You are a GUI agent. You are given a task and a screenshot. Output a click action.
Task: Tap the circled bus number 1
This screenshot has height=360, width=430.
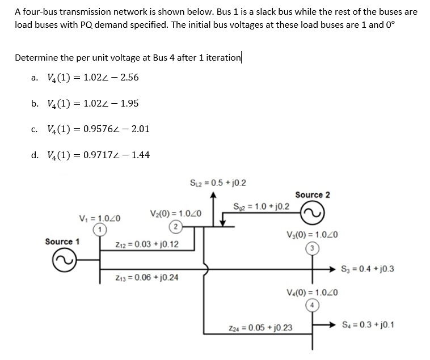(x=100, y=229)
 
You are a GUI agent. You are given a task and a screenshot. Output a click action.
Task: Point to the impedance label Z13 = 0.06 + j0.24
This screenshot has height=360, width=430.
(x=146, y=278)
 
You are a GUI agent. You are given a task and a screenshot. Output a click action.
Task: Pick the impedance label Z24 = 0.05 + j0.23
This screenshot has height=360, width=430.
(x=264, y=328)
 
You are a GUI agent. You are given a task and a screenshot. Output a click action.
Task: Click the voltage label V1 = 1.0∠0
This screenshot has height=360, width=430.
(x=100, y=219)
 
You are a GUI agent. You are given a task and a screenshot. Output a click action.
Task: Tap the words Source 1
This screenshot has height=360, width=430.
(x=62, y=242)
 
